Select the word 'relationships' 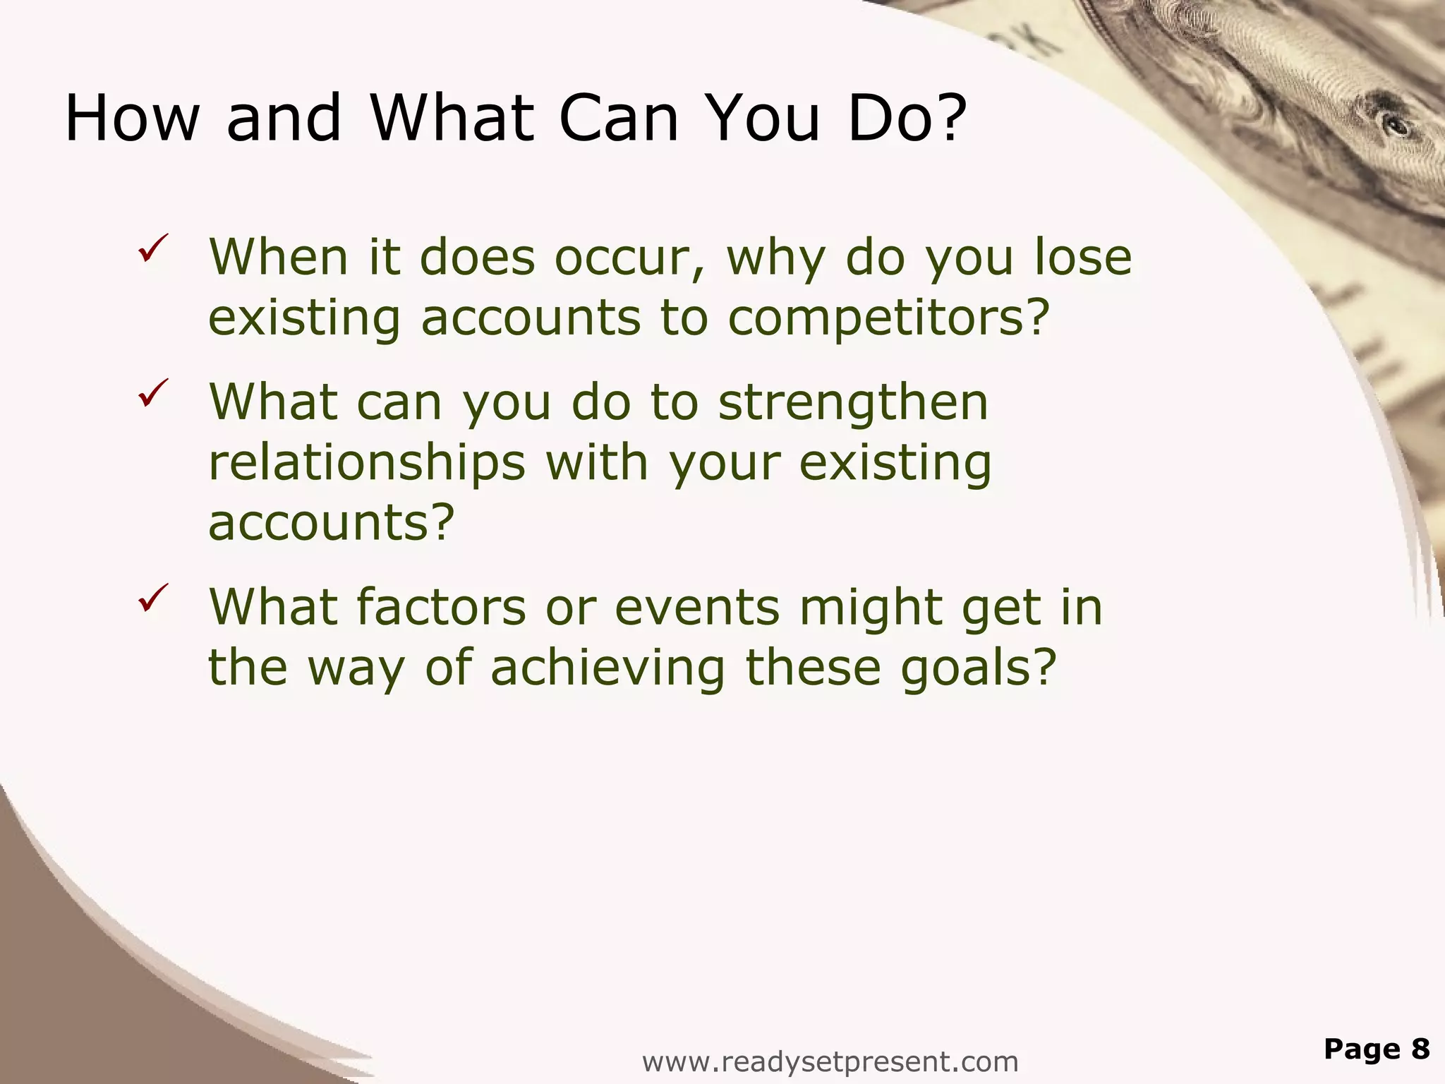[367, 464]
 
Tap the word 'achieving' [607, 668]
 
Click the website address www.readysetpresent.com [830, 1061]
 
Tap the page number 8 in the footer [1420, 1049]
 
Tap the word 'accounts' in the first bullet [531, 319]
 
